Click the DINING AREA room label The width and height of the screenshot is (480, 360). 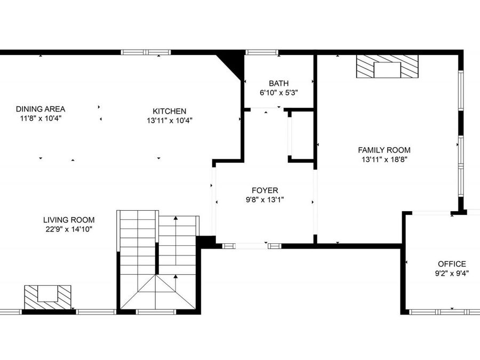pos(41,109)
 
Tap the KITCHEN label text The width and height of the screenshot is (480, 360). pos(170,111)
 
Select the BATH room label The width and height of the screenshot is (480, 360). pos(278,83)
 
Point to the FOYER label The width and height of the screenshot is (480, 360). pos(265,190)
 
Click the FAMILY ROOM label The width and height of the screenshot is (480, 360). pos(384,150)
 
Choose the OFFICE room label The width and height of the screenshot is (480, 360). pos(452,263)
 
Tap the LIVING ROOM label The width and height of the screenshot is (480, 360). pos(69,220)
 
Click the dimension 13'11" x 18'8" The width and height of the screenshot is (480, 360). pos(384,159)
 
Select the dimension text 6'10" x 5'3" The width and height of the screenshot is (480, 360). pos(278,92)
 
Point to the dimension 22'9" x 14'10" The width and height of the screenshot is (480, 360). pos(69,229)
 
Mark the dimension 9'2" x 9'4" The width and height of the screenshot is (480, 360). pos(452,273)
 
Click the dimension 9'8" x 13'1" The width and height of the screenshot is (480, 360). pos(265,199)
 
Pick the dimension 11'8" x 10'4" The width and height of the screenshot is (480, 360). pos(41,118)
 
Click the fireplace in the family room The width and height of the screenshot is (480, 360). pos(387,67)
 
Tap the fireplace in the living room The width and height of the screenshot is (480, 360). pos(48,297)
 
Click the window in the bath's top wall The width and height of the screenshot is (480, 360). pos(262,52)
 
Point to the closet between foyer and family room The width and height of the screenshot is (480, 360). pos(301,136)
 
